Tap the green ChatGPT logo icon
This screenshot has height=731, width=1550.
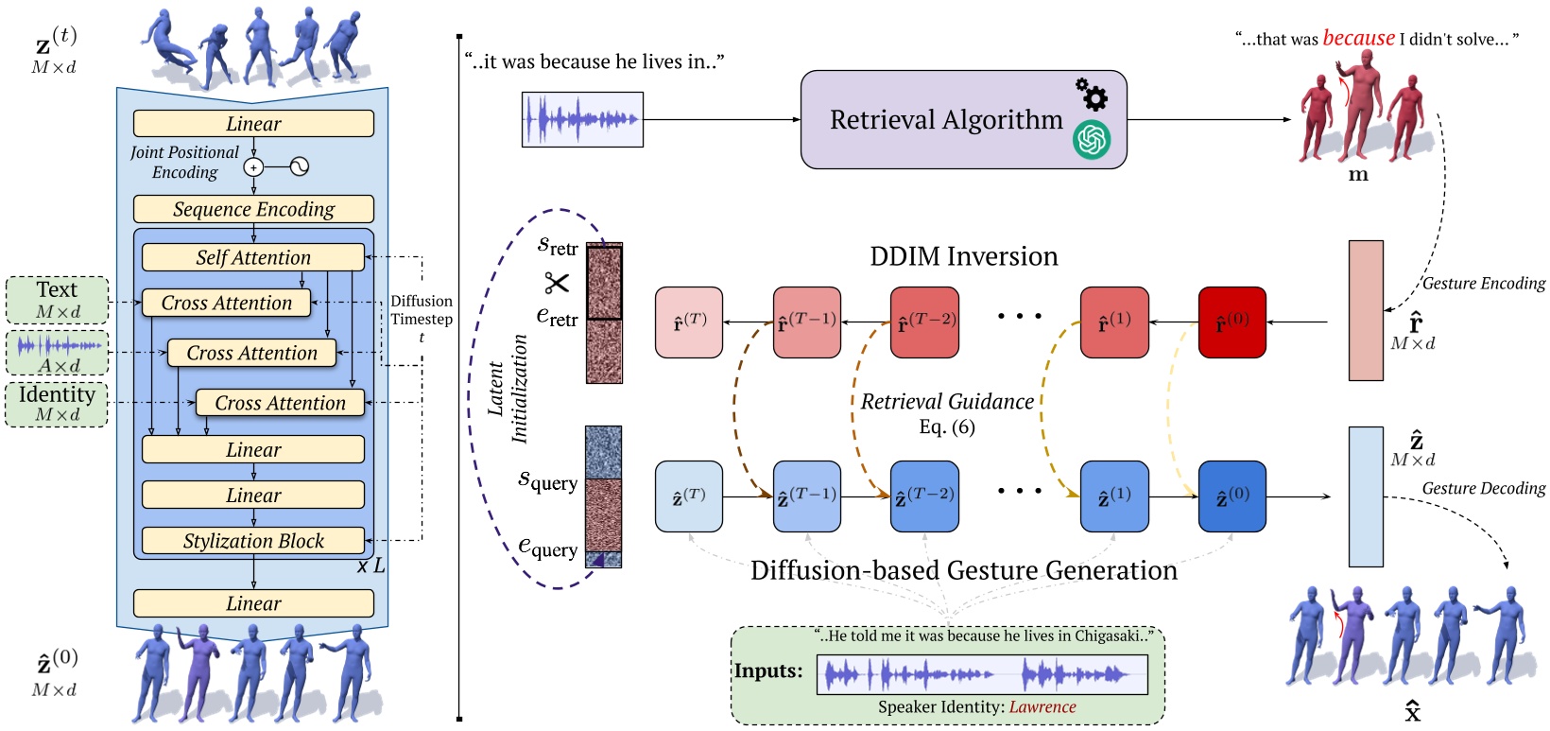point(1092,141)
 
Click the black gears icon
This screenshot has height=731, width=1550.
point(1092,95)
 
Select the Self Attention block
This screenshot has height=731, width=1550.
point(253,257)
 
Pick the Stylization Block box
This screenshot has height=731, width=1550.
point(253,541)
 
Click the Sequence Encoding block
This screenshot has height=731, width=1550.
point(253,209)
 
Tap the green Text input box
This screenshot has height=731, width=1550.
point(57,300)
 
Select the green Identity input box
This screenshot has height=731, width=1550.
point(57,404)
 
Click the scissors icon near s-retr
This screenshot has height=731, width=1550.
point(557,283)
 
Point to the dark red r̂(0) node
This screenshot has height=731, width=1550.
point(1231,322)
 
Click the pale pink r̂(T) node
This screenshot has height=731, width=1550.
point(689,322)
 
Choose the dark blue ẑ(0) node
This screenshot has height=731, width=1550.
point(1231,496)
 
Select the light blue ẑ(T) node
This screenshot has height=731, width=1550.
point(689,496)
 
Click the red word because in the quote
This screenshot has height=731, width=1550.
point(1358,38)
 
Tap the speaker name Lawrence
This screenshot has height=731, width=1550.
point(1042,706)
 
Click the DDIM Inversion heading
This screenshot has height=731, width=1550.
point(963,256)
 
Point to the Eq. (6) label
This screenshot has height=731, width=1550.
point(946,426)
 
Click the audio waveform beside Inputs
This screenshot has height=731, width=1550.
point(981,674)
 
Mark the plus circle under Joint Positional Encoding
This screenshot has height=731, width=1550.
point(253,167)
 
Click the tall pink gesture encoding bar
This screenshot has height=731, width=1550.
point(1366,310)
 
